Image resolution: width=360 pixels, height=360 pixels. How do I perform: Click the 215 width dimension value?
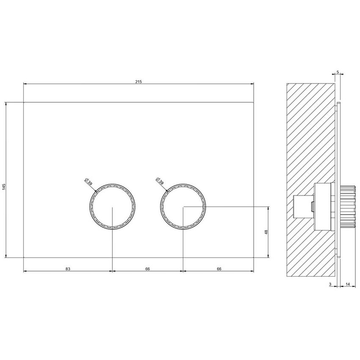point(138,81)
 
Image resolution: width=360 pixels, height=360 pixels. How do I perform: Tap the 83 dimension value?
point(68,269)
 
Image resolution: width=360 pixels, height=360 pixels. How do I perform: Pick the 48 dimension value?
point(266,232)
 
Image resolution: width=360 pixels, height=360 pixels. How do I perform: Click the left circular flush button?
point(112,207)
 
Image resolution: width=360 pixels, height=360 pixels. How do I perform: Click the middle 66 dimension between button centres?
point(147,269)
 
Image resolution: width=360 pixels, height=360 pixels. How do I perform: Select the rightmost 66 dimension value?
point(219,269)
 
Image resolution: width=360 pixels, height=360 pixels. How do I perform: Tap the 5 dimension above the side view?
point(338,72)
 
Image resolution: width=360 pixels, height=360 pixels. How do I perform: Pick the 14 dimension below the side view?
point(347,285)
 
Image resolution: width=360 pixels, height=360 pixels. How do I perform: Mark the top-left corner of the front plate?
point(23,102)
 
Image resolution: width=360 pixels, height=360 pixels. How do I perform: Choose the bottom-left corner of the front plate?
point(23,257)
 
